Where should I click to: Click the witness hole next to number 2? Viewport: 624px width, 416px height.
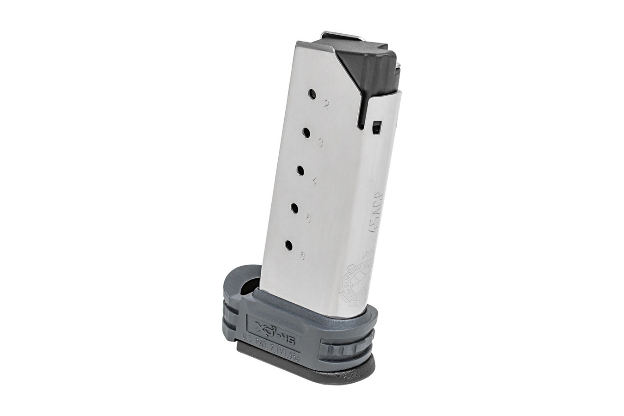312,95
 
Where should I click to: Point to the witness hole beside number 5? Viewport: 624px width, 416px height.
294,209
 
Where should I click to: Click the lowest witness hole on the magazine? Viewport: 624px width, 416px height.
288,245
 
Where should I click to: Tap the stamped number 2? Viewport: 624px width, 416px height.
326,106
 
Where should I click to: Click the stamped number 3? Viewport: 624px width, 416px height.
320,144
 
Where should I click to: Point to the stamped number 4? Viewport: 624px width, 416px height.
314,182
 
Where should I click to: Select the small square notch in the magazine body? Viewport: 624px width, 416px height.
377,126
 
